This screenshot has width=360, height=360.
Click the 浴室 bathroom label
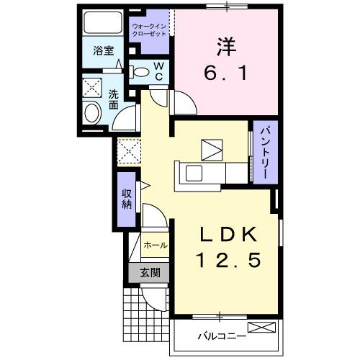click(103, 51)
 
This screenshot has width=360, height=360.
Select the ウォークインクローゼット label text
click(149, 31)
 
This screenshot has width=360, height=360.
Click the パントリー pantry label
click(261, 152)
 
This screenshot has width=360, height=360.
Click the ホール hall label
click(156, 246)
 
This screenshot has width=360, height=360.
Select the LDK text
click(226, 234)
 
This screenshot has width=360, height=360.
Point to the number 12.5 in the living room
click(226, 259)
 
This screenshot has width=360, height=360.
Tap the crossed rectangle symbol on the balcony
click(265, 328)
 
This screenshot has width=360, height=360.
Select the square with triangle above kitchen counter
click(212, 148)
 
